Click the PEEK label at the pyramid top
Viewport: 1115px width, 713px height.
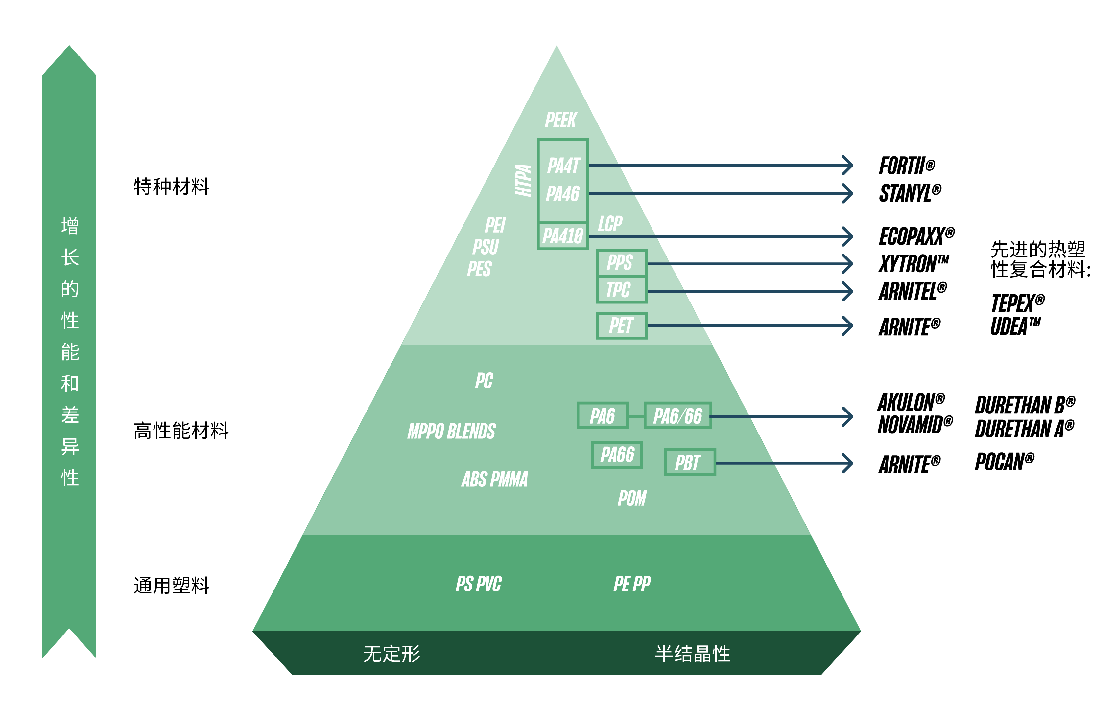561,120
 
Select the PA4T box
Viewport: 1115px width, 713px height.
563,165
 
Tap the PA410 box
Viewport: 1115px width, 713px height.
563,236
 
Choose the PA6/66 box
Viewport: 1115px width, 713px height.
677,416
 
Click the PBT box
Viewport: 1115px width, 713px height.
690,462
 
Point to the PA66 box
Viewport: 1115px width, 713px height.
617,455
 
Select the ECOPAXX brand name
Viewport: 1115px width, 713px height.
916,236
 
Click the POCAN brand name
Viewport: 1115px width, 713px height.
1004,462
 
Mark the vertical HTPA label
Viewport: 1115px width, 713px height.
524,181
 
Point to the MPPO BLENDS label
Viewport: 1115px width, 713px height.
451,432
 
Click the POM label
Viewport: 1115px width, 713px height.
632,499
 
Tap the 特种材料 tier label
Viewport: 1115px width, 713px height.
172,187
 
